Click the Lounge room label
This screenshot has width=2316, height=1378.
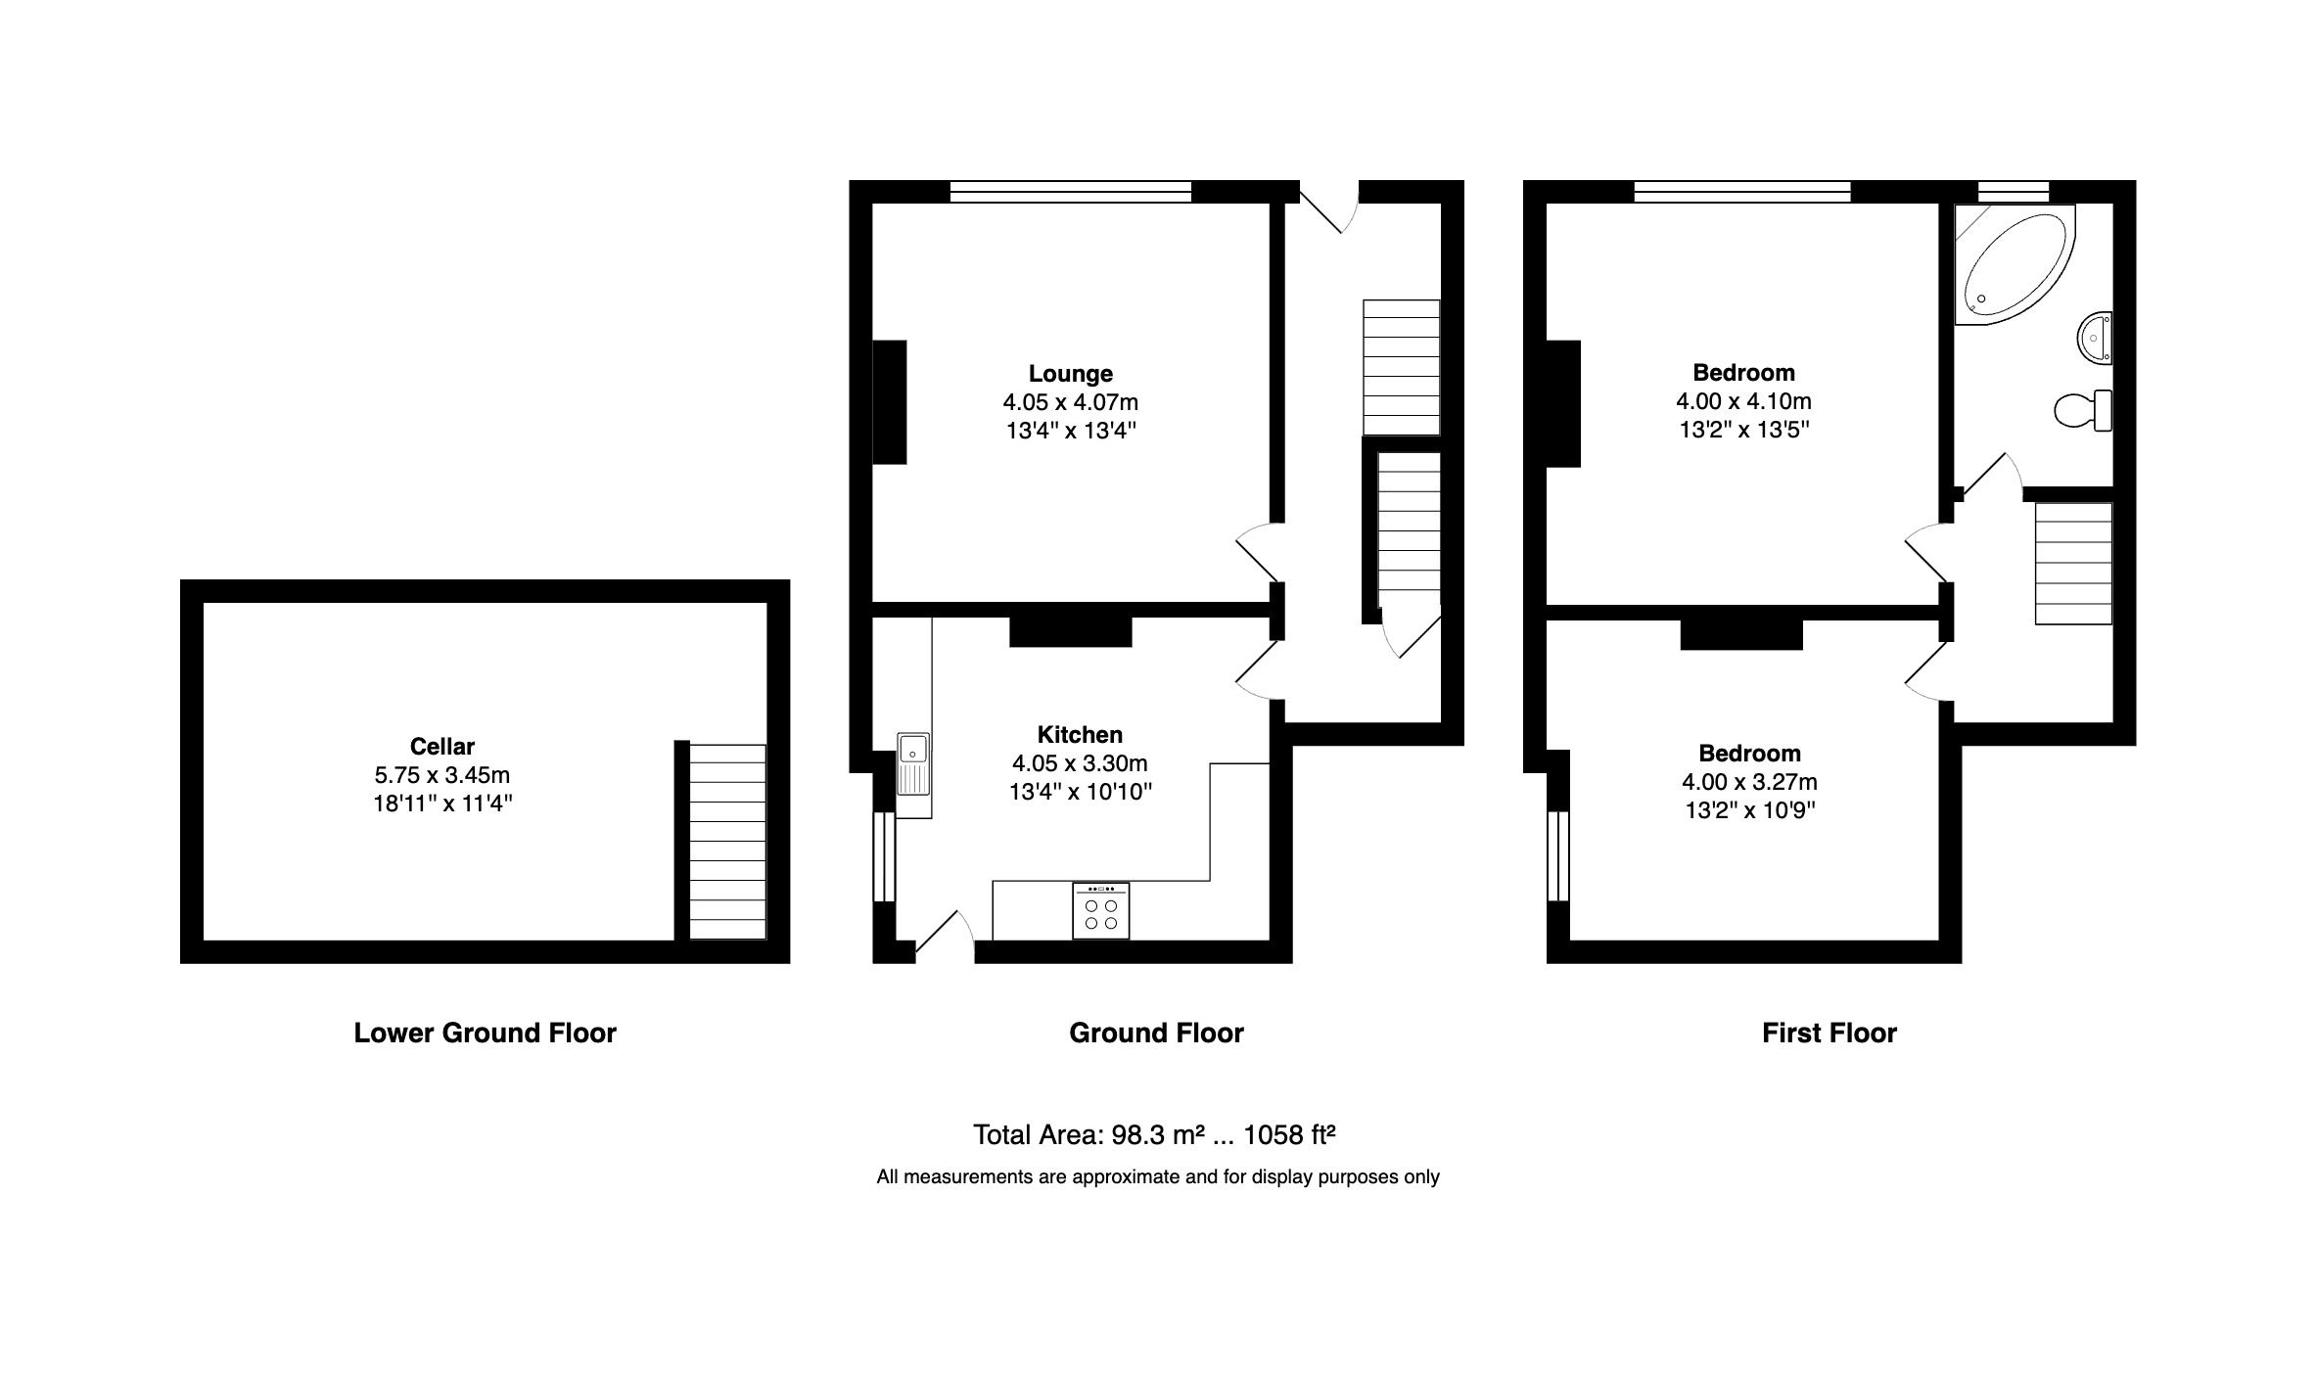1070,373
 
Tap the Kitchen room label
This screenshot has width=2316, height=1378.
1080,734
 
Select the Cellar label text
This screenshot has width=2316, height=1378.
441,746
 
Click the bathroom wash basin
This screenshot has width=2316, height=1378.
2094,338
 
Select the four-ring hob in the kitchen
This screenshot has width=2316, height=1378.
1100,912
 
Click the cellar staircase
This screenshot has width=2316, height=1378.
727,842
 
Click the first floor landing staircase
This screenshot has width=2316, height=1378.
2072,563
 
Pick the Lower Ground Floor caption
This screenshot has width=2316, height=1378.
485,1033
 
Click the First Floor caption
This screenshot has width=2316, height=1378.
1829,1033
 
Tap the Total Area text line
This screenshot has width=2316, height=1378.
1153,1134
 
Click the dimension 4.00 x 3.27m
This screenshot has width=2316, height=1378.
1749,781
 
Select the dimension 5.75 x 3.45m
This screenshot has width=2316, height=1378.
441,775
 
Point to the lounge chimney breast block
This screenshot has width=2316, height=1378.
889,401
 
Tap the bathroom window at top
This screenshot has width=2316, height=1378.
2013,191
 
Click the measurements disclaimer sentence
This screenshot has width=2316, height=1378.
1157,1176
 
